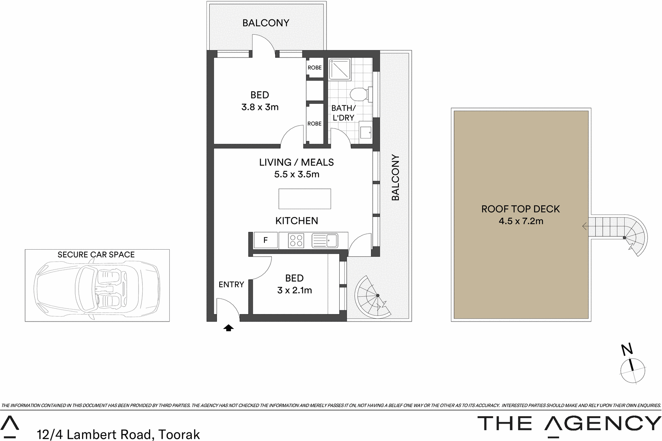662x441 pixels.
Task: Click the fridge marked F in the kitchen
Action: coord(266,240)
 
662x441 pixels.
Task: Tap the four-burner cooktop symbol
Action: coord(296,241)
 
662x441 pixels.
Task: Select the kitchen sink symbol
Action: coord(325,240)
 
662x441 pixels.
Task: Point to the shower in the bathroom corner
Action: coord(340,69)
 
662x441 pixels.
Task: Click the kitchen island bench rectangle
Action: coord(305,199)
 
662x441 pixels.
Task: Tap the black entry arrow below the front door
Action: coord(228,328)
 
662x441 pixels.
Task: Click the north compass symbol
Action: coord(632,368)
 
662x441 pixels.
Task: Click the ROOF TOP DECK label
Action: coord(520,209)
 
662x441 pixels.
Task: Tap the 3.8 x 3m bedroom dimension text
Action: coord(260,107)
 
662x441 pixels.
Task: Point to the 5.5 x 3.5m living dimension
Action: coord(297,174)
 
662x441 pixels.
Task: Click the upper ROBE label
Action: coord(314,68)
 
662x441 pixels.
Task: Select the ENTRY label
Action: coord(231,284)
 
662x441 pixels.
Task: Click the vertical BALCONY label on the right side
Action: coord(396,178)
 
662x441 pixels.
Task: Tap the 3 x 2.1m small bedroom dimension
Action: coord(294,290)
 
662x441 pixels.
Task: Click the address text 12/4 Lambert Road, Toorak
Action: coord(118,434)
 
